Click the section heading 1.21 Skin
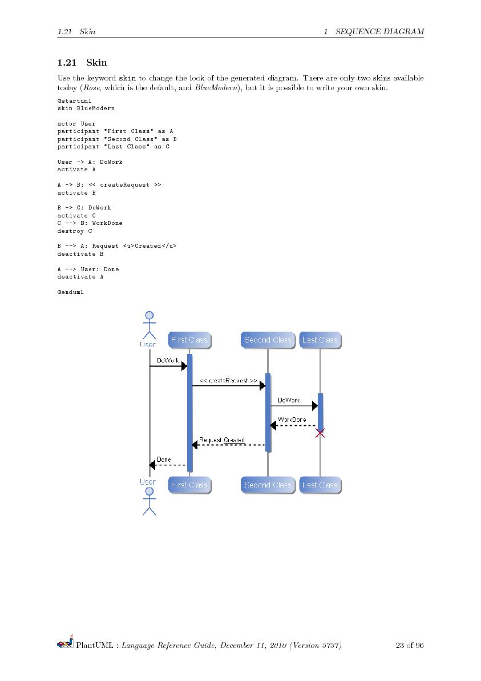click(x=82, y=62)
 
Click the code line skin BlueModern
click(x=86, y=108)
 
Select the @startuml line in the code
click(x=71, y=100)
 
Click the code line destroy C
click(x=74, y=231)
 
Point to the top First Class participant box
click(x=189, y=340)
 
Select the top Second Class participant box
click(x=268, y=340)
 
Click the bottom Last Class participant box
click(x=320, y=485)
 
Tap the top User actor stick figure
click(x=149, y=325)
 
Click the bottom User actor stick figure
click(x=149, y=501)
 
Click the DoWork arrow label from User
click(x=168, y=360)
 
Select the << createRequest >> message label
click(x=228, y=380)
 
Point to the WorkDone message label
click(x=292, y=420)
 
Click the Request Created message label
click(x=223, y=440)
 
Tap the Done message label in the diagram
click(x=164, y=460)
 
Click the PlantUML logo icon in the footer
click(x=65, y=644)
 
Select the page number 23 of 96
click(x=409, y=646)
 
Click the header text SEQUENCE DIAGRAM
click(x=379, y=31)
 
